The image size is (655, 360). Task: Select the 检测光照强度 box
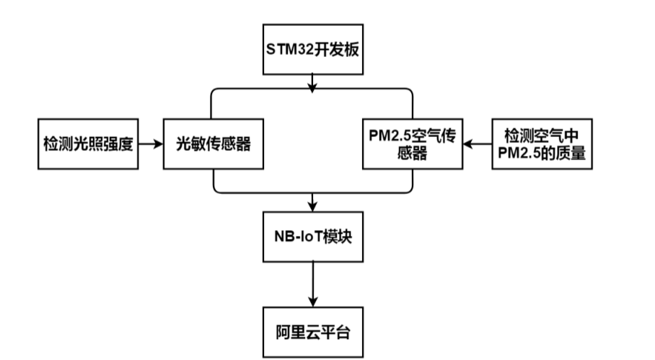tap(87, 144)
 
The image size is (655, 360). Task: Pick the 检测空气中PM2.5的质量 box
tap(542, 144)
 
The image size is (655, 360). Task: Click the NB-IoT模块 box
tap(312, 237)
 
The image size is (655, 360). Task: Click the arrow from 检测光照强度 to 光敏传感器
tap(150, 144)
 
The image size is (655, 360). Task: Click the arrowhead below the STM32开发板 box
tap(312, 87)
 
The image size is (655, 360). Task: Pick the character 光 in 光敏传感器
tap(184, 144)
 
